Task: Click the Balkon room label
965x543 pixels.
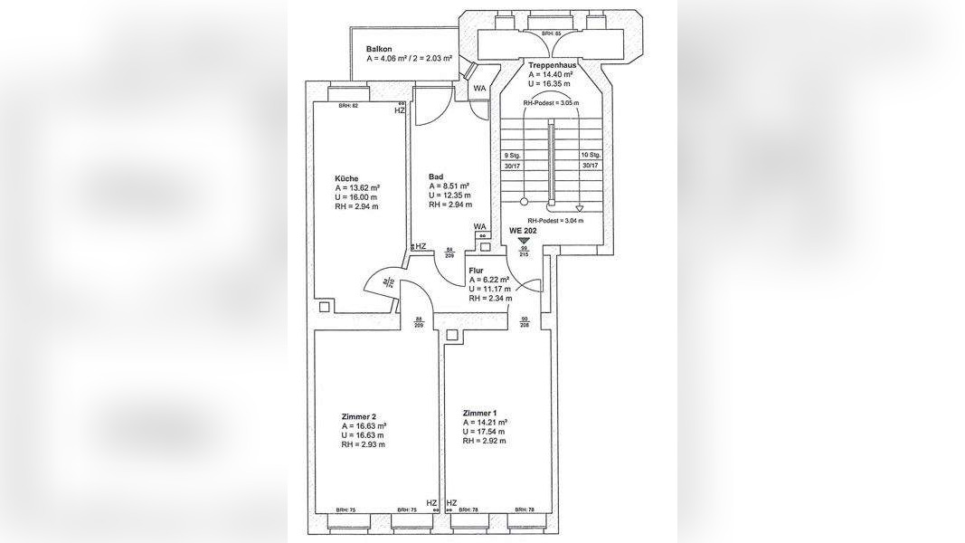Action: pos(379,49)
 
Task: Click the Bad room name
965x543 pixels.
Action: pos(436,176)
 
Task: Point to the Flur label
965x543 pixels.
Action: pos(476,270)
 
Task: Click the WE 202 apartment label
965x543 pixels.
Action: pos(524,230)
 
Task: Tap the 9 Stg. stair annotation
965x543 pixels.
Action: pos(512,155)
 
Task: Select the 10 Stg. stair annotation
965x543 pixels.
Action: pos(591,155)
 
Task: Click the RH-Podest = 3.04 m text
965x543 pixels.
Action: pos(555,220)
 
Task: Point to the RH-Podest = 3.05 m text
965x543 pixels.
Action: pos(551,103)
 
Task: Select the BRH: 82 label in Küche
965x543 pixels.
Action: pos(348,106)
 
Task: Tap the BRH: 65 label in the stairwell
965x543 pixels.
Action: pos(552,33)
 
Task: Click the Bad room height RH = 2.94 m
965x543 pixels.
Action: pos(450,205)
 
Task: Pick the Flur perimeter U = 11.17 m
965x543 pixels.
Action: pos(490,289)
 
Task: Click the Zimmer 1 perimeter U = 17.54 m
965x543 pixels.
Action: pos(484,432)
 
